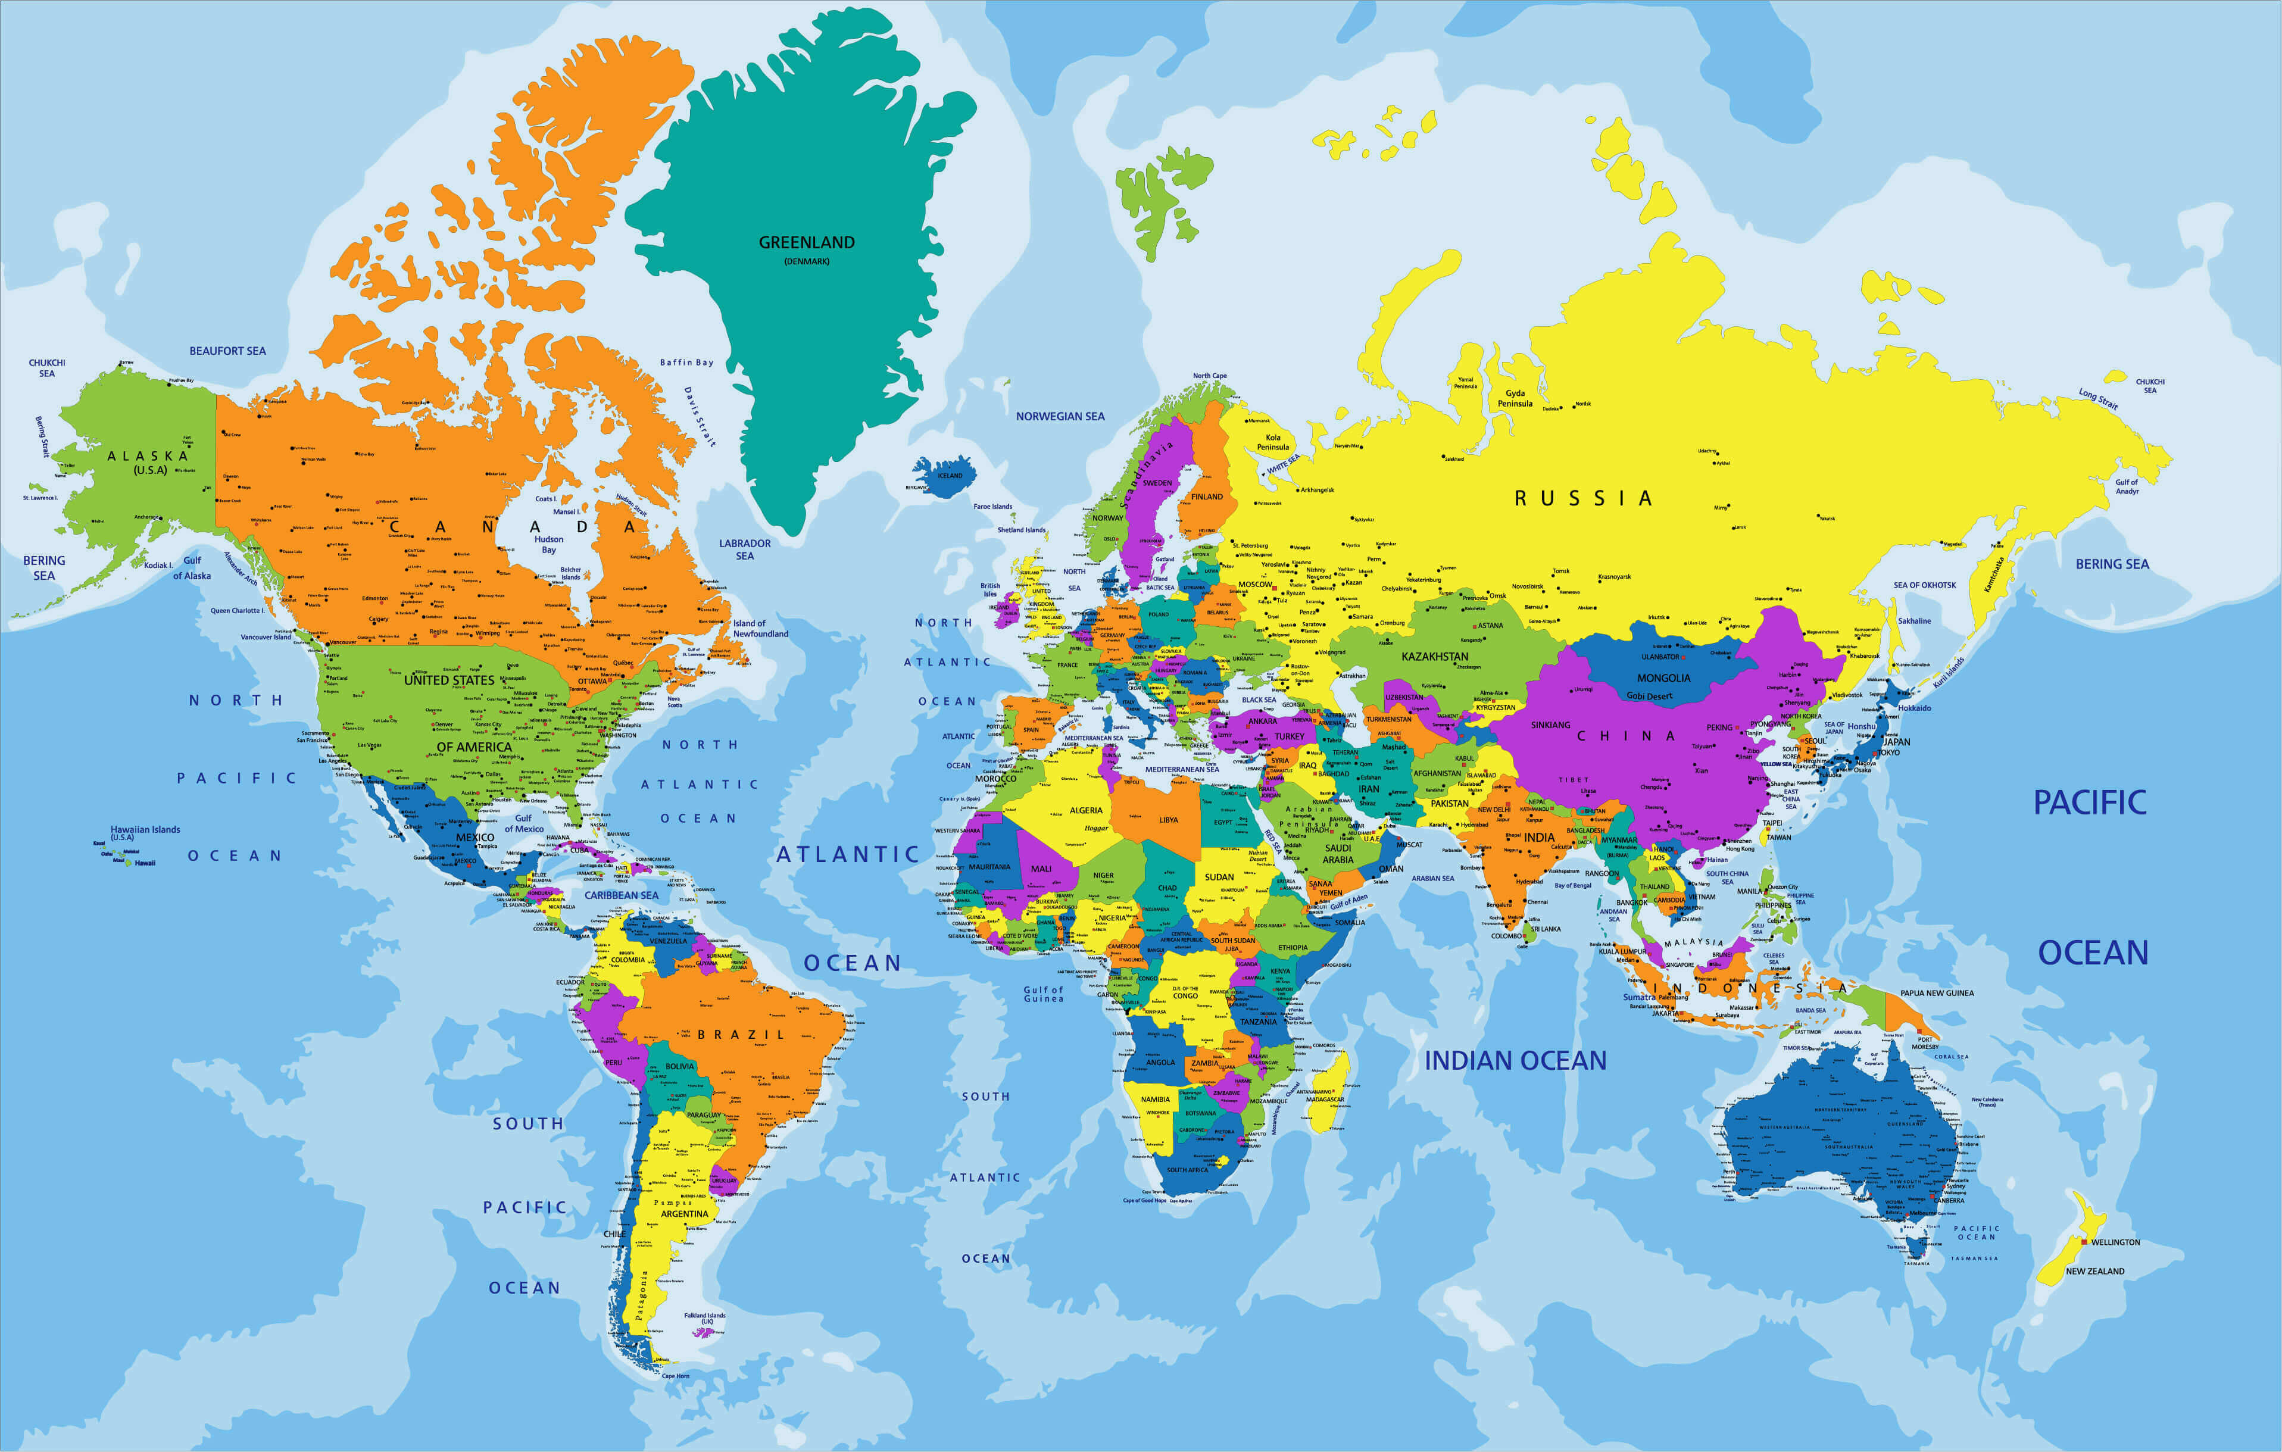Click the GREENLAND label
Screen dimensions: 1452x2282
point(807,243)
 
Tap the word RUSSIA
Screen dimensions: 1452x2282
point(1582,498)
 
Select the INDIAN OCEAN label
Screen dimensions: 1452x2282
point(1515,1060)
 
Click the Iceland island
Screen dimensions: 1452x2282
point(946,477)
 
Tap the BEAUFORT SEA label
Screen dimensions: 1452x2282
point(227,351)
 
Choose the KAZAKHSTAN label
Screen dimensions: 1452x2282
point(1435,656)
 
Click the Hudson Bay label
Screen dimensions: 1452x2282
point(549,544)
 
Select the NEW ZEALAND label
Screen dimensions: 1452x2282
point(2094,1271)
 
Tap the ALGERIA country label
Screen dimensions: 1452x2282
point(1086,810)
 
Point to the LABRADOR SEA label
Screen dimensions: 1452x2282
point(745,549)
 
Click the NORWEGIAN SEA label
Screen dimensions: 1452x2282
point(1060,416)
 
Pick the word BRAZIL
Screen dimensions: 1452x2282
point(741,1034)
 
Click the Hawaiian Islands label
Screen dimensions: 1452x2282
point(145,830)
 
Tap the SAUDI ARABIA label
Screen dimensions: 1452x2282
point(1338,854)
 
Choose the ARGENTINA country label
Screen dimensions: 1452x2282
point(684,1213)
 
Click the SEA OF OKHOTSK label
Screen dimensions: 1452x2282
point(1925,585)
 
